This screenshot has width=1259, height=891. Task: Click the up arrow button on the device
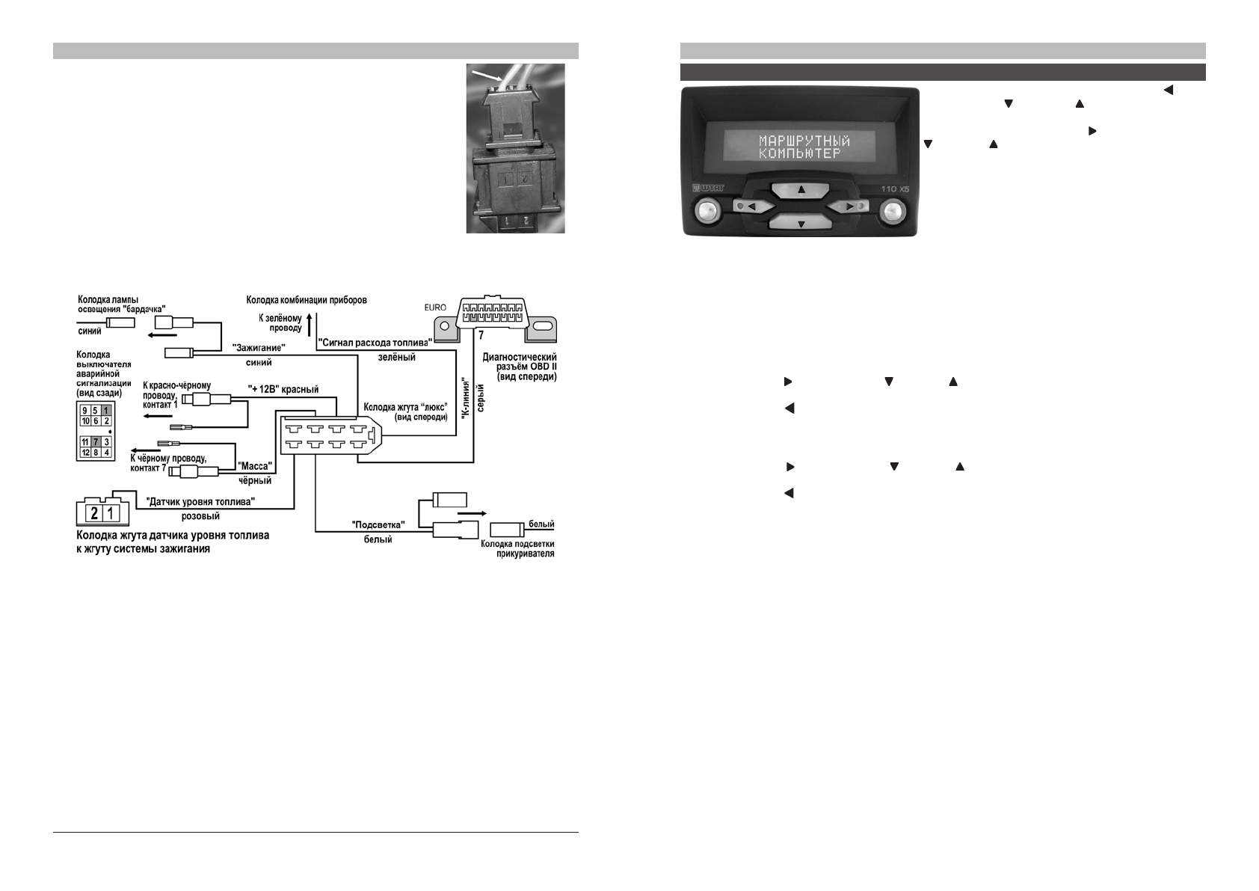[x=802, y=189]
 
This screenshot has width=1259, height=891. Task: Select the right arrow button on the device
[x=850, y=206]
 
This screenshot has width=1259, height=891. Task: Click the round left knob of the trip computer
[x=707, y=211]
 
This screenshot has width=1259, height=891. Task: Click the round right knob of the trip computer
[x=890, y=211]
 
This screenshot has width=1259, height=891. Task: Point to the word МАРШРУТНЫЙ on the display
[x=804, y=141]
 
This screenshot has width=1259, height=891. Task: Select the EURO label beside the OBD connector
[x=434, y=307]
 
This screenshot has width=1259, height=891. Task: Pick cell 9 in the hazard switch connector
[x=86, y=410]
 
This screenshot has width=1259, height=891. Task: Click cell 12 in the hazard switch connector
[x=86, y=453]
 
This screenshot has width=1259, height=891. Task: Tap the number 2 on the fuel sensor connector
[x=95, y=513]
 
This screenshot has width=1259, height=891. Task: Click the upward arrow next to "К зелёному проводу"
[x=309, y=322]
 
